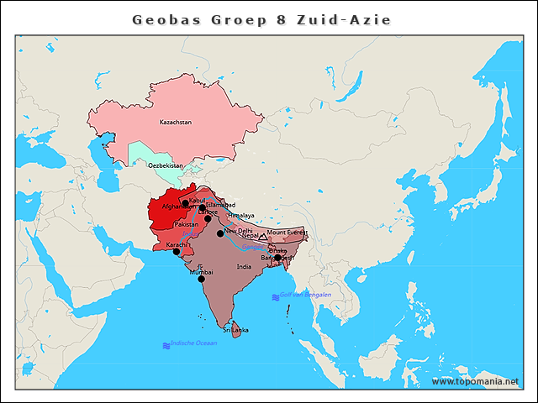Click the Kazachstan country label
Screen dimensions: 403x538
coord(176,123)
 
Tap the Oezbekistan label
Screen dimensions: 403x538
coord(165,165)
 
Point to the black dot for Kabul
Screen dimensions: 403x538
coord(185,203)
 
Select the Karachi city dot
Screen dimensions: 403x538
coord(176,251)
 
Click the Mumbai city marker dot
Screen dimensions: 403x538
coord(201,279)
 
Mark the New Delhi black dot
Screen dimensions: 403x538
coord(220,233)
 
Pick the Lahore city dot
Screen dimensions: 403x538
coord(208,218)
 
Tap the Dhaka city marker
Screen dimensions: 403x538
coord(277,258)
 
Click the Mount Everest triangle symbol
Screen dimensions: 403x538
coord(262,238)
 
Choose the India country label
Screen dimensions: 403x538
coord(244,267)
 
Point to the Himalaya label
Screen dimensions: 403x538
coord(240,216)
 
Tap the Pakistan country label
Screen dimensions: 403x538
coord(186,225)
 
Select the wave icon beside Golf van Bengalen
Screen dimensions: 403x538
coord(275,297)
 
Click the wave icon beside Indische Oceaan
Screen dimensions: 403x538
coord(166,345)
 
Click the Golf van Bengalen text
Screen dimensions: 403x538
coord(306,295)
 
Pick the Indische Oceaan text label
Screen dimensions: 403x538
coord(193,343)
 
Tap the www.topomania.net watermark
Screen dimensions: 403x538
coord(475,382)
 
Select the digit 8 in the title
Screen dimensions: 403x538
coord(280,19)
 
